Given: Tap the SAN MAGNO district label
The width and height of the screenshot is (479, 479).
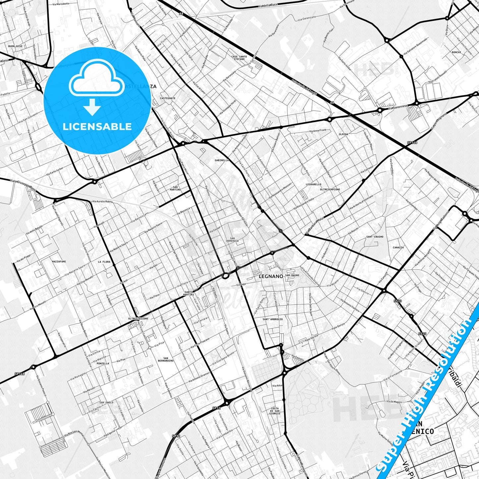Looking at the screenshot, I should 292,275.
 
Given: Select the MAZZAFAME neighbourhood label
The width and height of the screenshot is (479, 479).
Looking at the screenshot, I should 59,262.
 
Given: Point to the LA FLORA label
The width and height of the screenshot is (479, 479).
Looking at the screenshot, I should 104,262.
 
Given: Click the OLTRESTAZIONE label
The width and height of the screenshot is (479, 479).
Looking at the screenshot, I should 138,319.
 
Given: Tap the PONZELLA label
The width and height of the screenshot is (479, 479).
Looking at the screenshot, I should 103,363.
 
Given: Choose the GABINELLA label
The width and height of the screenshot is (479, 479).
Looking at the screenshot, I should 222,160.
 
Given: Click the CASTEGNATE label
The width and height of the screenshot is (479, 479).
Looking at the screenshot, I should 167,98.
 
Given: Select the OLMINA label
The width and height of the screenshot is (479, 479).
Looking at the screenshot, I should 343,134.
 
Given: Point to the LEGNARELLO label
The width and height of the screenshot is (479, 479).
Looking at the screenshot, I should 314,184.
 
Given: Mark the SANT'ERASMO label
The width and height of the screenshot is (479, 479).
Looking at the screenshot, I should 375,237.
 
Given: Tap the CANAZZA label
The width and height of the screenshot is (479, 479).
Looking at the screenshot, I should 398,247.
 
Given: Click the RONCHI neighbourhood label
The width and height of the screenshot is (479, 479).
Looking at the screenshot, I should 456,52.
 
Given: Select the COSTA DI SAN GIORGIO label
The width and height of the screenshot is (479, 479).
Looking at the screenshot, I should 275,410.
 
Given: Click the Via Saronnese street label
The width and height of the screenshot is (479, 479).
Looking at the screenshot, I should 397,107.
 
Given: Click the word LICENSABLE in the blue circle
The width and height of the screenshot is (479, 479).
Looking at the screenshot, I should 97,126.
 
